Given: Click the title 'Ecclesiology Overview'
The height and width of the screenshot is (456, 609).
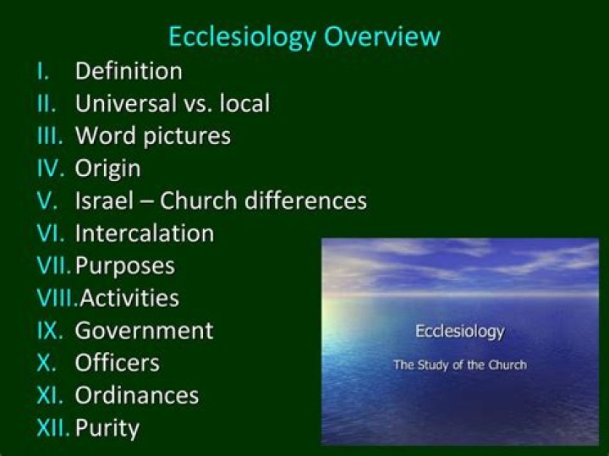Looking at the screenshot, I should click(x=304, y=37).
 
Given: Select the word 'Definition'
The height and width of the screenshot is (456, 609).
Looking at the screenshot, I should click(x=129, y=71).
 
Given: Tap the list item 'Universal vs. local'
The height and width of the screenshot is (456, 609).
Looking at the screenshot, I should click(x=173, y=103).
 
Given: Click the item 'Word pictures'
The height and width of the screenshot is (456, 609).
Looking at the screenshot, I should click(x=152, y=135).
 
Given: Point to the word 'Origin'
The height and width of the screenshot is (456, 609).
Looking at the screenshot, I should click(x=107, y=168).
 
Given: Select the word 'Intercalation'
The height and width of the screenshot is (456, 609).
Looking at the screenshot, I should click(x=145, y=233).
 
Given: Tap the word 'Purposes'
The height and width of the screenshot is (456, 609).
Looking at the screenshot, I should click(x=125, y=266).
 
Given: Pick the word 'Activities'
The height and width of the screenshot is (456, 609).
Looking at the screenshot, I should click(x=129, y=298).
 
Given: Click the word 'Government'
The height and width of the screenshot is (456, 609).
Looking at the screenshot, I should click(x=145, y=330).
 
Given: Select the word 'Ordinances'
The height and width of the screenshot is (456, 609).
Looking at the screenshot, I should click(x=137, y=395).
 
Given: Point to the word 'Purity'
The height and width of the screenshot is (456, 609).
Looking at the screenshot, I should click(x=107, y=427).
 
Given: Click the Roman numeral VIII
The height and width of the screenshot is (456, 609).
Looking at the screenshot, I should click(x=57, y=298).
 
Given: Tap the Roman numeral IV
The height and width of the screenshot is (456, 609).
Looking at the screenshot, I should click(x=52, y=168).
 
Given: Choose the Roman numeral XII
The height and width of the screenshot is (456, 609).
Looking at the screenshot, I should click(x=54, y=427).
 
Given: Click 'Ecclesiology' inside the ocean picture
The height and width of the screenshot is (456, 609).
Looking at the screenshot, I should click(x=459, y=331).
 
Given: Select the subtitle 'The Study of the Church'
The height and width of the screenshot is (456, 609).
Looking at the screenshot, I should click(x=459, y=365).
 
